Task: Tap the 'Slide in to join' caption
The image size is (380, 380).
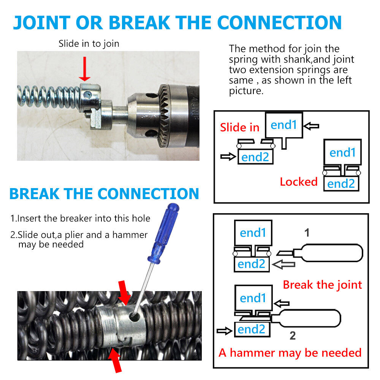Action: click(x=89, y=44)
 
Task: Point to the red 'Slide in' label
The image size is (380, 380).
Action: click(x=239, y=127)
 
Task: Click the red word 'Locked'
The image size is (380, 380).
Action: click(x=298, y=182)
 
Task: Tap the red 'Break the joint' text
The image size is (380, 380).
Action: click(x=322, y=285)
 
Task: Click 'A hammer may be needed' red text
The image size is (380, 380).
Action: click(x=290, y=353)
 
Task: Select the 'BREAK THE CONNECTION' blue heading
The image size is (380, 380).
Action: click(x=104, y=193)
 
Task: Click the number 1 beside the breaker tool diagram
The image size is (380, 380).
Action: click(x=307, y=233)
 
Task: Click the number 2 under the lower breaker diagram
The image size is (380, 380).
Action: click(x=292, y=336)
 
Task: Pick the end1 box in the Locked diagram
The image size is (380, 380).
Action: click(x=342, y=152)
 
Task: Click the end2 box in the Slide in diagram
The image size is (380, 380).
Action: click(x=255, y=157)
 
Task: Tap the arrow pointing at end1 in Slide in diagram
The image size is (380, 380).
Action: click(x=311, y=126)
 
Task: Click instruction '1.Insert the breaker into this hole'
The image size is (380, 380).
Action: click(x=80, y=218)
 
